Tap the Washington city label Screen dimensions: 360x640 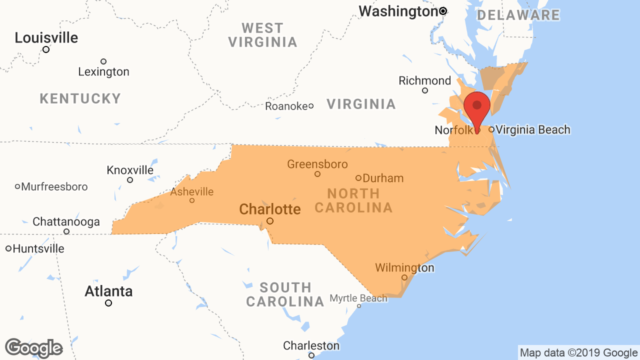tap(398, 11)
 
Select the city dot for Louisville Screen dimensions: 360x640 tap(46, 49)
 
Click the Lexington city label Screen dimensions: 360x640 tap(103, 72)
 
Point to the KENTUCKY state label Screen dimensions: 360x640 tap(80, 98)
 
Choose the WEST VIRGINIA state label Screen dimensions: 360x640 tap(263, 35)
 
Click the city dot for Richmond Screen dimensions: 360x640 tap(425, 90)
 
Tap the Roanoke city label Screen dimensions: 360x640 tap(286, 106)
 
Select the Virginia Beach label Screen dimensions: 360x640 tap(533, 130)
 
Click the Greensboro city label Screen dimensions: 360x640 tap(317, 164)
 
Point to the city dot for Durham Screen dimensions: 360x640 tap(358, 178)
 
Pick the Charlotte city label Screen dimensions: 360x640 tap(270, 209)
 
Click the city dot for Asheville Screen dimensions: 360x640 tap(192, 200)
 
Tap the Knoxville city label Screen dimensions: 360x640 tap(130, 170)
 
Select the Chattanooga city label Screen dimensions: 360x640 tap(66, 221)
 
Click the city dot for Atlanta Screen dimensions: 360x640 tap(108, 303)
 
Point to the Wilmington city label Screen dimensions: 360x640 tap(404, 268)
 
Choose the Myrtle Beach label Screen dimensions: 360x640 tap(358, 298)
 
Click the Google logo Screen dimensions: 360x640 tap(33, 348)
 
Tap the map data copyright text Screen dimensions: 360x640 tap(578, 353)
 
